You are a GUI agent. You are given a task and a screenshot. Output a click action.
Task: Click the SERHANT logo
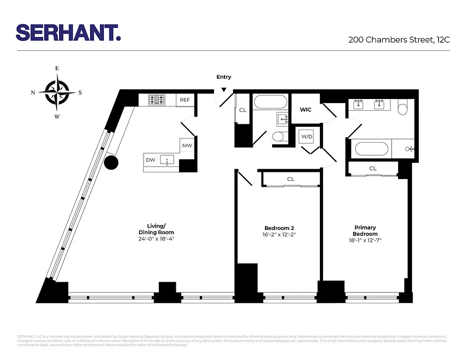[x=68, y=32]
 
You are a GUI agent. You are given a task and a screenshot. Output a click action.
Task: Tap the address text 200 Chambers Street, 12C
[x=399, y=40]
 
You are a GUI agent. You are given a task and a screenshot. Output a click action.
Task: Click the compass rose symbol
[x=57, y=92]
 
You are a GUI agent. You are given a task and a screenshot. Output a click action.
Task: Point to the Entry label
[x=224, y=77]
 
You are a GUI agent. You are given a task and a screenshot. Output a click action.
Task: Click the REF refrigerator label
[x=185, y=100]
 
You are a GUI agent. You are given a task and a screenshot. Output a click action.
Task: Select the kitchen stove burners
[x=157, y=99]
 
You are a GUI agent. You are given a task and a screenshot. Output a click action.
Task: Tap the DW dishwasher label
[x=150, y=160]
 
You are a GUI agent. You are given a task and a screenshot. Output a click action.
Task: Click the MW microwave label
[x=187, y=146]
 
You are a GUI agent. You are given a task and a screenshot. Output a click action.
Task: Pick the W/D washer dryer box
[x=307, y=136]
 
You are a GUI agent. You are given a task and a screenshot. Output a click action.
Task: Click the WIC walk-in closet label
[x=306, y=109]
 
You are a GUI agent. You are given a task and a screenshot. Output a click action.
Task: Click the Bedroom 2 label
[x=279, y=228]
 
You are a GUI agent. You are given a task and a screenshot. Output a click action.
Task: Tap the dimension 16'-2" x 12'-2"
[x=279, y=234]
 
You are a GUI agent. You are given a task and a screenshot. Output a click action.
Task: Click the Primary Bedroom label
[x=365, y=231]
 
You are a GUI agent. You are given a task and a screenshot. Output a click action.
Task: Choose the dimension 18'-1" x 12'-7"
[x=365, y=240]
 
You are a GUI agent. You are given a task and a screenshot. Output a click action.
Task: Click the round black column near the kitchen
[x=111, y=162]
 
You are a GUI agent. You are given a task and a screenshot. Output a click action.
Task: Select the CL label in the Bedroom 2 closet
[x=291, y=179]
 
